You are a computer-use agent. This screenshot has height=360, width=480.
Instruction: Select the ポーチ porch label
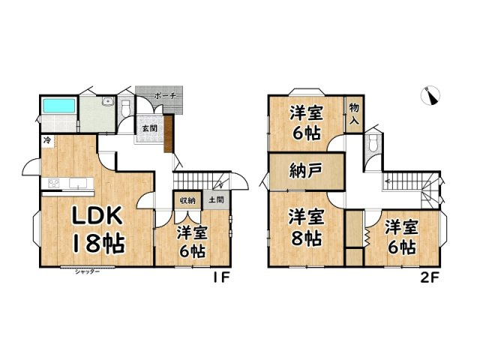point(164,96)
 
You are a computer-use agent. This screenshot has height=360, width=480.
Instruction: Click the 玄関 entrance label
point(150,127)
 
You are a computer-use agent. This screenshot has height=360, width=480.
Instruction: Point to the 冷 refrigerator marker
point(47,140)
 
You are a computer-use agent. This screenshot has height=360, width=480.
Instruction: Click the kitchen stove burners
point(55,184)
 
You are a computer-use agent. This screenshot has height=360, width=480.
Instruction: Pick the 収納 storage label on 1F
point(187,200)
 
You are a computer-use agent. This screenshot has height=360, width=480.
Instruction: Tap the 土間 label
point(216,200)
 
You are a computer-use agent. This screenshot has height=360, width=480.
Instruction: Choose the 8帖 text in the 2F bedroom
point(306,239)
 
